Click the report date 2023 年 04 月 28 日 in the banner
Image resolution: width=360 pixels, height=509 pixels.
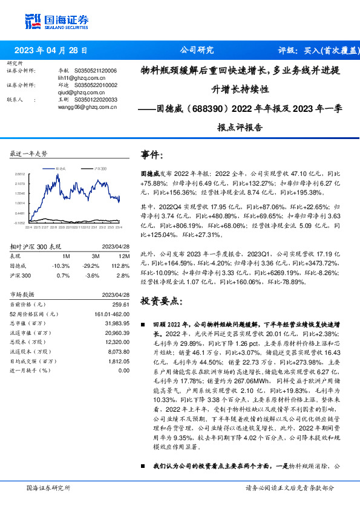(51, 51)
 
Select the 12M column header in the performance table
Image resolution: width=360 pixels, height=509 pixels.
(120, 256)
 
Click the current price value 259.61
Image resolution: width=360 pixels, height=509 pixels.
(120, 304)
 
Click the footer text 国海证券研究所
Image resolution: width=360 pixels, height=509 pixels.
(48, 487)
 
